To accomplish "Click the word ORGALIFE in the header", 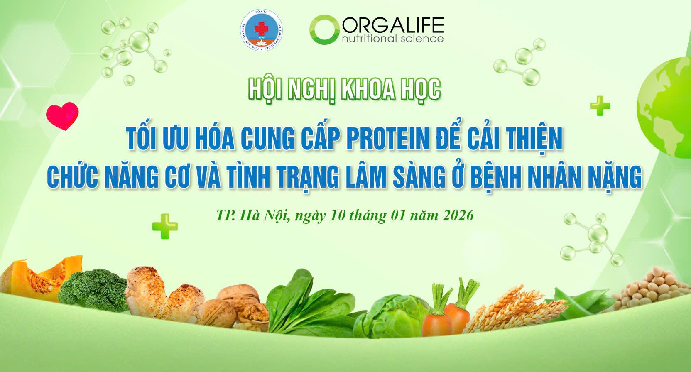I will pos(392,26).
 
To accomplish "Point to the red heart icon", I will pos(62,116).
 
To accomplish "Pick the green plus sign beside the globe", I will pos(600,107).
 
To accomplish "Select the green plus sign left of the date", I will pos(165,226).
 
